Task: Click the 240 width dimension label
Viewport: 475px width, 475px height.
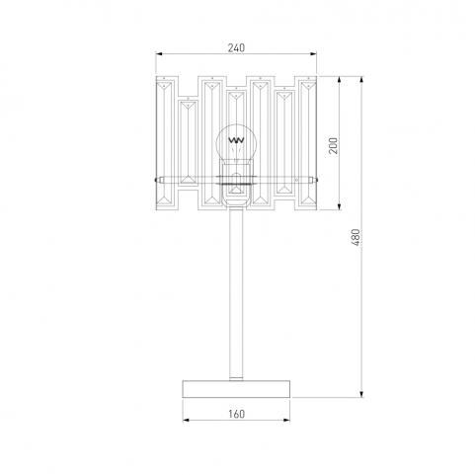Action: [x=236, y=48]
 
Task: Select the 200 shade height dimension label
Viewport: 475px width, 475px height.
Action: [x=334, y=145]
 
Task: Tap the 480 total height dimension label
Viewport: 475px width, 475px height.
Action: [x=356, y=237]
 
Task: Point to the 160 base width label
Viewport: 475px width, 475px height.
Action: [x=236, y=414]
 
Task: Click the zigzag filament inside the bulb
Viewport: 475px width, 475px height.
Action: [x=236, y=140]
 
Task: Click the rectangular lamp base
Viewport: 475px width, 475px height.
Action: [x=236, y=389]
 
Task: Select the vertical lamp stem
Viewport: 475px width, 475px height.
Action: [x=236, y=294]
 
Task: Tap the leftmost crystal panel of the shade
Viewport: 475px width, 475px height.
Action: [x=164, y=143]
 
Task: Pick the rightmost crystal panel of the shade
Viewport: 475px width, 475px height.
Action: [x=308, y=143]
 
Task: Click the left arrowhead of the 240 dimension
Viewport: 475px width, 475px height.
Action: [x=159, y=54]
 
